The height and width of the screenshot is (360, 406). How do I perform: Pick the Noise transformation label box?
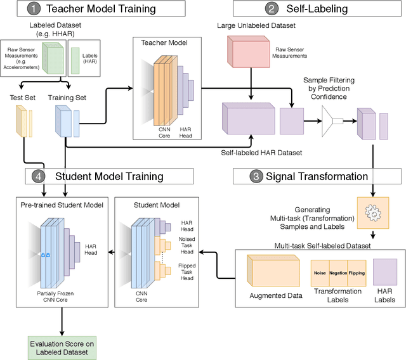click(320, 273)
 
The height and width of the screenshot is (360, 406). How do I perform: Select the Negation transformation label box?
click(338, 273)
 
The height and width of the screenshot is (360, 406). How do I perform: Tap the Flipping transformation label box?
click(357, 273)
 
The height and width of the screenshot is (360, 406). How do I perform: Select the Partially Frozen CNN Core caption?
click(62, 297)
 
